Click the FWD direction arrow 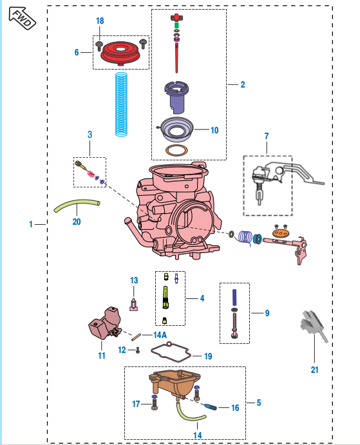22,18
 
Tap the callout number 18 100,21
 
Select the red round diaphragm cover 120,53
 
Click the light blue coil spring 121,104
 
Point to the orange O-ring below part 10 176,150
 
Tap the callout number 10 214,130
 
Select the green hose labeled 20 77,205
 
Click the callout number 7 267,137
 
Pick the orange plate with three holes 281,233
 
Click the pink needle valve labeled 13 134,304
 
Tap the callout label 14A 160,335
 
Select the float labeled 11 104,323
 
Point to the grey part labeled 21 314,325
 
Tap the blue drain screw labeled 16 211,407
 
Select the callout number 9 267,313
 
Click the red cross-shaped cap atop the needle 176,17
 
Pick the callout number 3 90,135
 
